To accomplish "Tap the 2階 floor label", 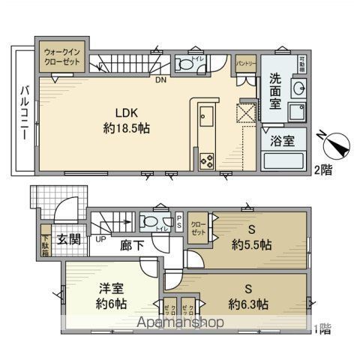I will [x=322, y=171].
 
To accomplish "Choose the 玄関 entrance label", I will [x=67, y=239].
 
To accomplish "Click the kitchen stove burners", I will [x=206, y=160].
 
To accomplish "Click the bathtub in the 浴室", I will [x=282, y=160].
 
